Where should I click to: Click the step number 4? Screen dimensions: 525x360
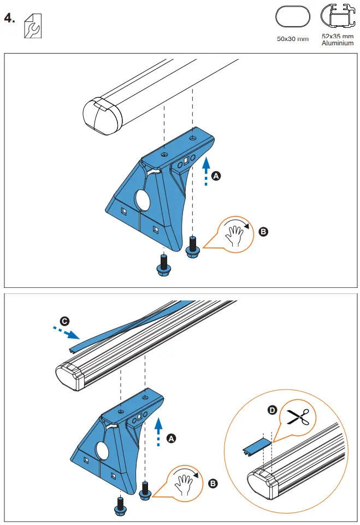(9, 18)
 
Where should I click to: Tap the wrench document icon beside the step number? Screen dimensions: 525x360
(33, 26)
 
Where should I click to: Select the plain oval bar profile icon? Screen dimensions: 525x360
(292, 17)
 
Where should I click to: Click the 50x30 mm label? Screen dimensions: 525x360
(292, 39)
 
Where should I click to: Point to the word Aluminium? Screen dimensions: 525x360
(337, 43)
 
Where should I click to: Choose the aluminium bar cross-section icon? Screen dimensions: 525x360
(337, 17)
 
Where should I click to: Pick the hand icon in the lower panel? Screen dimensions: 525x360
(185, 482)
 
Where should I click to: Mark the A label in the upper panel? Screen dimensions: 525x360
(216, 176)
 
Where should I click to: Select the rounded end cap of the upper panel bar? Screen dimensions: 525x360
(101, 115)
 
